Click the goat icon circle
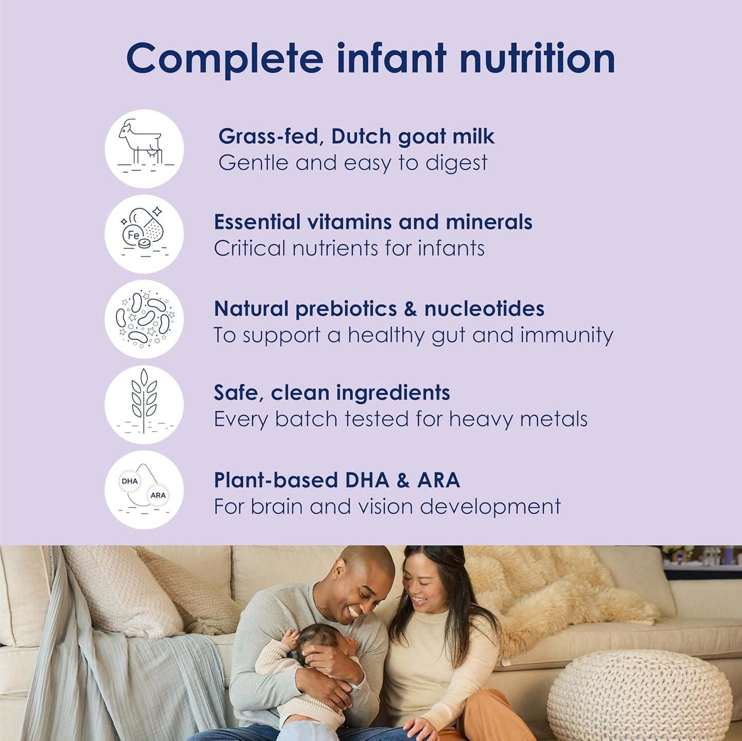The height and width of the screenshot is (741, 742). (x=144, y=149)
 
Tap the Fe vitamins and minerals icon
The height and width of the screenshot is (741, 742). (x=144, y=234)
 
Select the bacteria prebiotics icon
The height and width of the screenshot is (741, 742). (x=144, y=319)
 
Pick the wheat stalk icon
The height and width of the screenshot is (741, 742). (x=144, y=404)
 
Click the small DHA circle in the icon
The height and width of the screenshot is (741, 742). (x=129, y=481)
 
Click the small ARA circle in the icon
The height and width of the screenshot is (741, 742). (x=158, y=495)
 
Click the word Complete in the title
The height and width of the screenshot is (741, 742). (x=224, y=59)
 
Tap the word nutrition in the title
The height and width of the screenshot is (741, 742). (x=537, y=59)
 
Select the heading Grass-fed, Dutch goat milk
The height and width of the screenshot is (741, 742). (x=356, y=136)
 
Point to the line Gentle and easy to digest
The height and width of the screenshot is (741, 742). (x=353, y=163)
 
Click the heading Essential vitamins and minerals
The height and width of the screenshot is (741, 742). (x=373, y=222)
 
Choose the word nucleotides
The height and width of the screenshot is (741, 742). (x=484, y=309)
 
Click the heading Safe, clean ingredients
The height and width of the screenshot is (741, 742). (x=332, y=393)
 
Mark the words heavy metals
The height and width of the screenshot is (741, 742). (x=518, y=419)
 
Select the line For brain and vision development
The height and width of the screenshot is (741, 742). (x=387, y=507)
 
